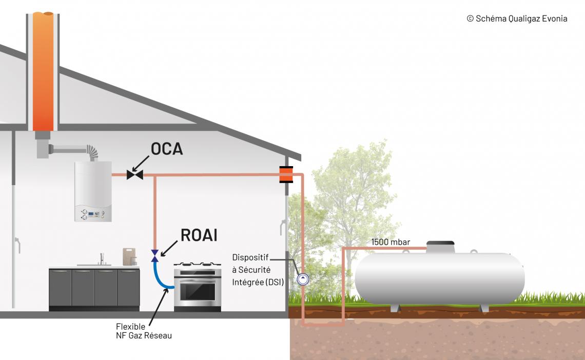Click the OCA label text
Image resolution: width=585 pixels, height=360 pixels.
coord(167,149)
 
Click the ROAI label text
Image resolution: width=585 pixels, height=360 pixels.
coord(199,235)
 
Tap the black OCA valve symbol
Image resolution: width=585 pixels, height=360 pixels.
coord(135,175)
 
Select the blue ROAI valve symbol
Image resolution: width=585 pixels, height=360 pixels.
coord(155,255)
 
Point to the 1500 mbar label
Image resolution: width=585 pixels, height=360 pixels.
coord(391,242)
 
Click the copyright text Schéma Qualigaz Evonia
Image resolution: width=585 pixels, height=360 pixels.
coord(517,18)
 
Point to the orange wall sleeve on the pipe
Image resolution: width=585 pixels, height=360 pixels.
coord(286,175)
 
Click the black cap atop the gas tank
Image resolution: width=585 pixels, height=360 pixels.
coord(440,243)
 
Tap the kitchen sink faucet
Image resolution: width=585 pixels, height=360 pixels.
coord(102,258)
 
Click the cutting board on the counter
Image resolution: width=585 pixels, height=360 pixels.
coord(129,255)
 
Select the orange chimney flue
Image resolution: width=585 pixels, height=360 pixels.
coord(43,72)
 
